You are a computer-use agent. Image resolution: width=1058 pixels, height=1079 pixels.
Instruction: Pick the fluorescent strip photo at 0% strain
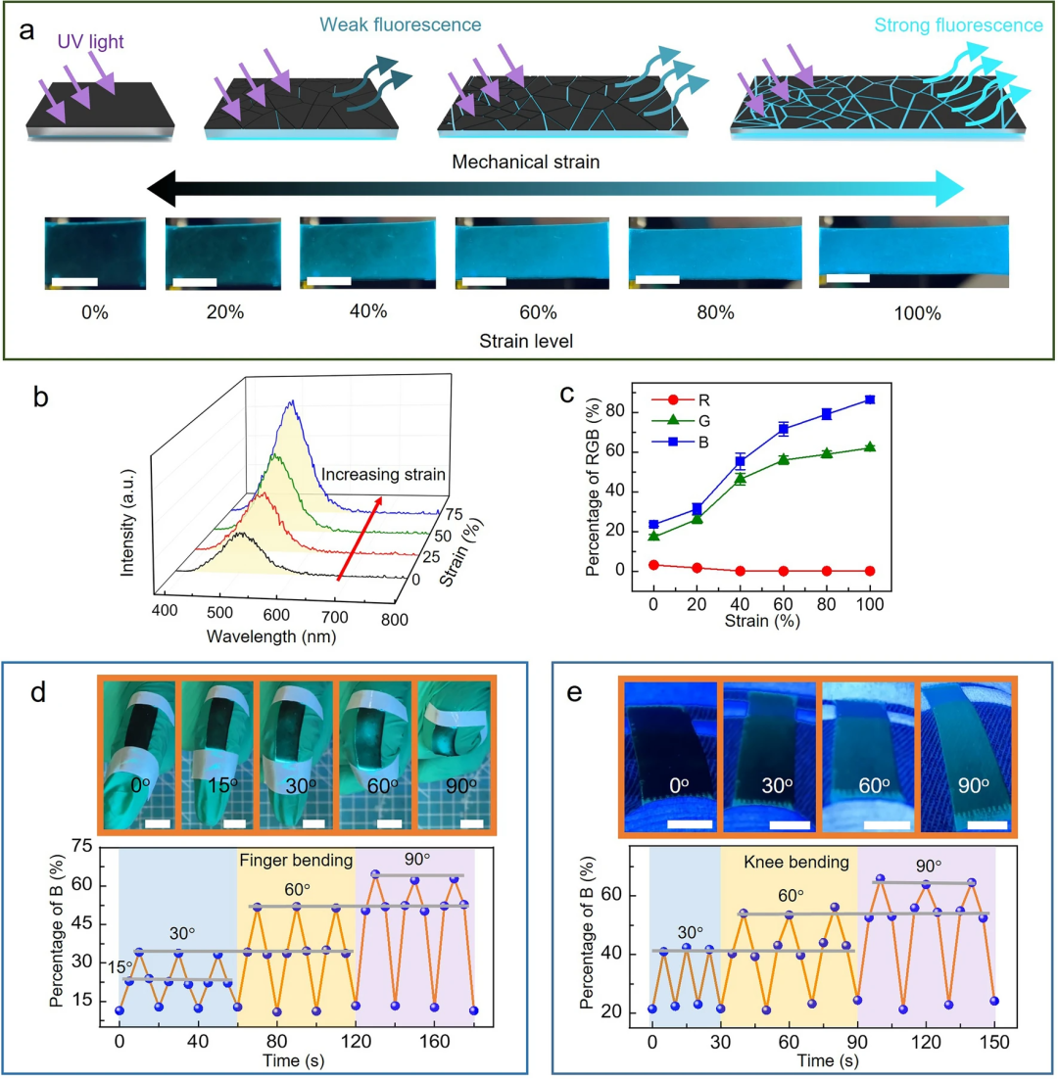[x=94, y=254]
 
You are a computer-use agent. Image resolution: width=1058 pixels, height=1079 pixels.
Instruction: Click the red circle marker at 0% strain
[x=653, y=565]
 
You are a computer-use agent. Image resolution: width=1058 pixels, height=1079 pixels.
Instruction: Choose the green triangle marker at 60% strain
[x=784, y=459]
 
